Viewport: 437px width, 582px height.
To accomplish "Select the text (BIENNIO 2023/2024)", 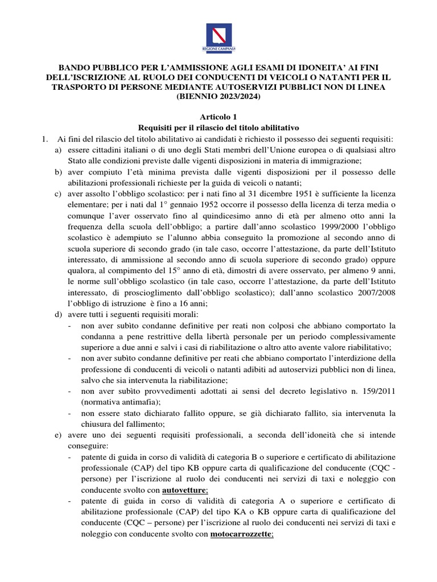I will pos(218,97).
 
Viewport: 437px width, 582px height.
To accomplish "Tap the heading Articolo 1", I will pos(218,116).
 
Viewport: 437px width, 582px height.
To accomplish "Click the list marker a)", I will pos(58,149).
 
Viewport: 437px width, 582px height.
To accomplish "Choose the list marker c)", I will pos(58,194).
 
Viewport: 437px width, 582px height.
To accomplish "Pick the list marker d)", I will pos(58,315).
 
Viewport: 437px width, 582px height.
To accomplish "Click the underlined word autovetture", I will pos(184,490).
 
